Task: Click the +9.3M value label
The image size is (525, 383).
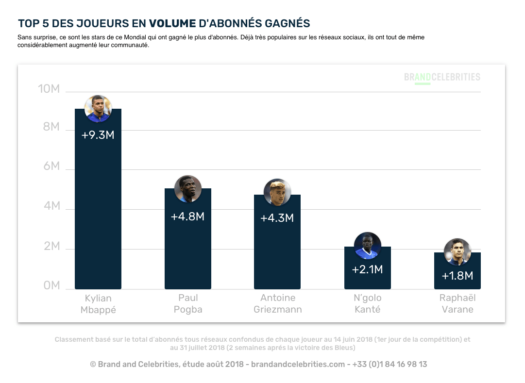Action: (x=98, y=135)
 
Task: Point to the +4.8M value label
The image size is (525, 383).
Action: (x=187, y=216)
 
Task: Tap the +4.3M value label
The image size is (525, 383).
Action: (x=277, y=218)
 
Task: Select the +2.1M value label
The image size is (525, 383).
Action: (x=367, y=269)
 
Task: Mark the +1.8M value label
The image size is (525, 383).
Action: (x=457, y=276)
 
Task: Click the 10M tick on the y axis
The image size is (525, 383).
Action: (x=49, y=89)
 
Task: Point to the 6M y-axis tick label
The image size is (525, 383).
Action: (x=49, y=167)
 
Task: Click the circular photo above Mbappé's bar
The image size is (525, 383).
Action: (x=98, y=108)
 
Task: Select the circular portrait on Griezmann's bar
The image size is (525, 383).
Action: (x=277, y=192)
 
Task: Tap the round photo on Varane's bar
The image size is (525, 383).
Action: (x=457, y=252)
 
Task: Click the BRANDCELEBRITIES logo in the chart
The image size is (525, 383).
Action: (x=442, y=77)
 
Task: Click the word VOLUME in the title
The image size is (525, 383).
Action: (x=172, y=23)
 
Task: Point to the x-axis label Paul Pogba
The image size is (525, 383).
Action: (x=187, y=303)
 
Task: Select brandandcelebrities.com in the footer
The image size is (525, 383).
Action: (x=298, y=364)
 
